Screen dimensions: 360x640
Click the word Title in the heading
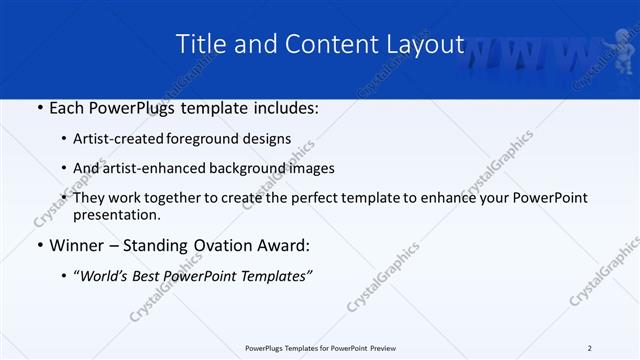[x=199, y=44]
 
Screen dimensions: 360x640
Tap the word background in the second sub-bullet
[x=256, y=168]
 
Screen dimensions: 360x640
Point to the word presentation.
[x=116, y=214]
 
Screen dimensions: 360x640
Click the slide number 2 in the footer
[x=590, y=348]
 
